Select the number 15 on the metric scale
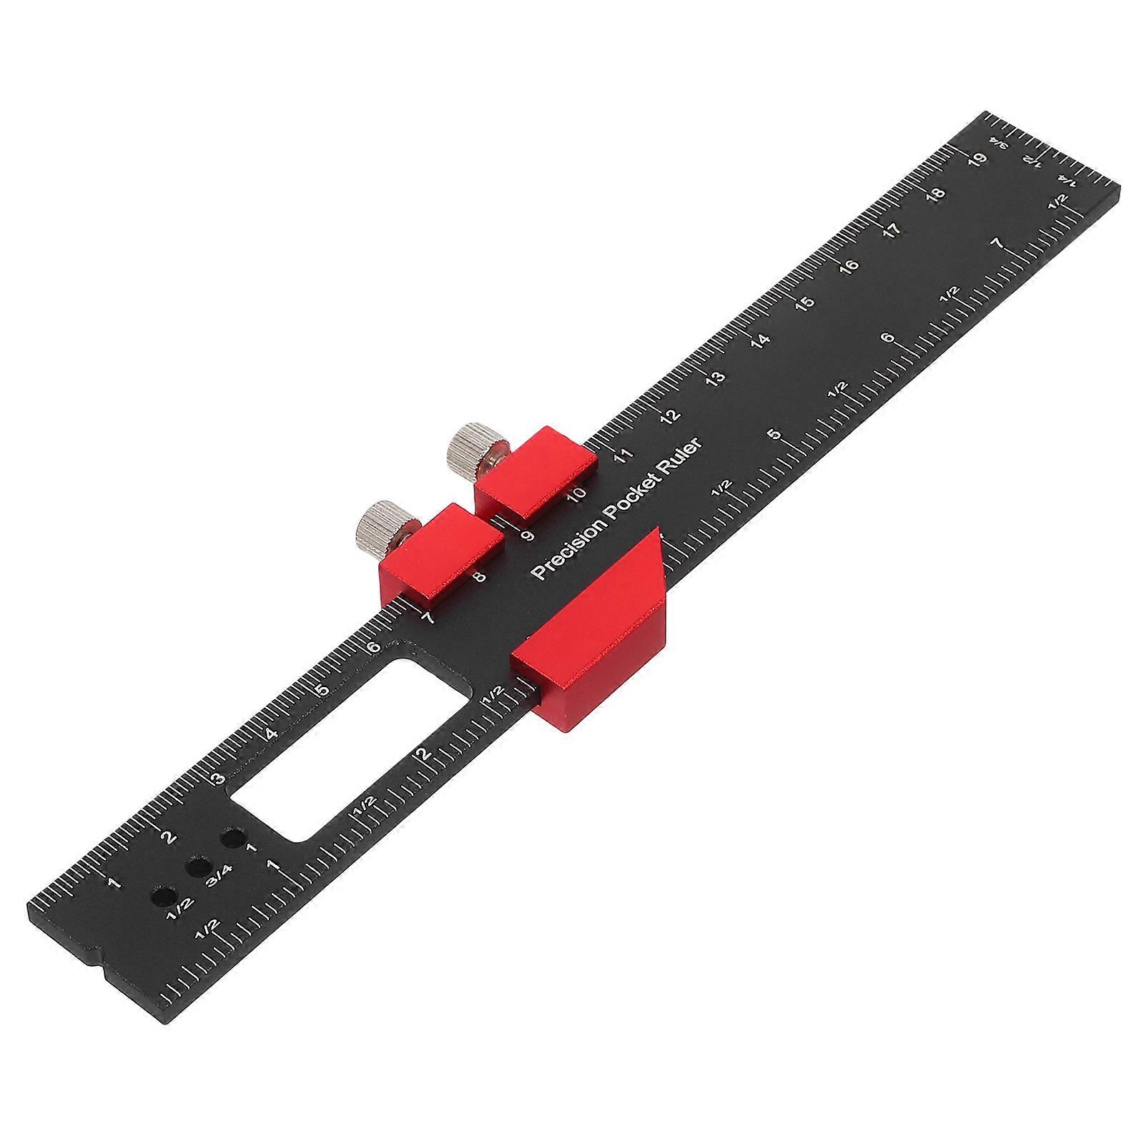804,303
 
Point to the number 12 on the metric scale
669,416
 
